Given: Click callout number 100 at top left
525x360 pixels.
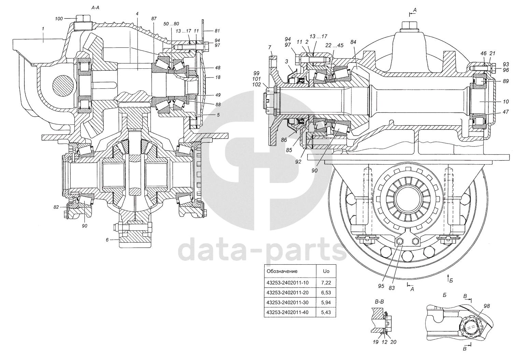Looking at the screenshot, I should coord(59,18).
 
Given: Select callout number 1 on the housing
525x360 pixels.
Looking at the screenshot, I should coord(43,29).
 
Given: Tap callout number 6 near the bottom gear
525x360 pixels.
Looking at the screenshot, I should coord(107,240).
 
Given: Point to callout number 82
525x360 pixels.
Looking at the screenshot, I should coord(56,207).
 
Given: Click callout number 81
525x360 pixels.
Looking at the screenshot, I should coord(217,30).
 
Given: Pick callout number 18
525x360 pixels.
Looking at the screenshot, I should coord(218,78).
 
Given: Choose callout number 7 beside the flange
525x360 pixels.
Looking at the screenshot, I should coord(269,47).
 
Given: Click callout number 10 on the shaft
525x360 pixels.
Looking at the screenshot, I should coord(506,101).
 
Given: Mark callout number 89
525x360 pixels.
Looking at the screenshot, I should coord(506,81).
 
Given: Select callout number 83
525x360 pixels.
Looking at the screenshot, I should coord(392,288).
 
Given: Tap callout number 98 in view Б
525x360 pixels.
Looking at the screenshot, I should coord(486,306).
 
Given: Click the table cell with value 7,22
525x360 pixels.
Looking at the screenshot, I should coord(326,283).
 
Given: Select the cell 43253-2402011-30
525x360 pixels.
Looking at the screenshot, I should coord(287,303).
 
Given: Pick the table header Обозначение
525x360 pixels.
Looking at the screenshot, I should coord(282,271).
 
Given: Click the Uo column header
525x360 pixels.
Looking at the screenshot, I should coord(326,271).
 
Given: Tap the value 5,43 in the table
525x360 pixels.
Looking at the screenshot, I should coord(326,313).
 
